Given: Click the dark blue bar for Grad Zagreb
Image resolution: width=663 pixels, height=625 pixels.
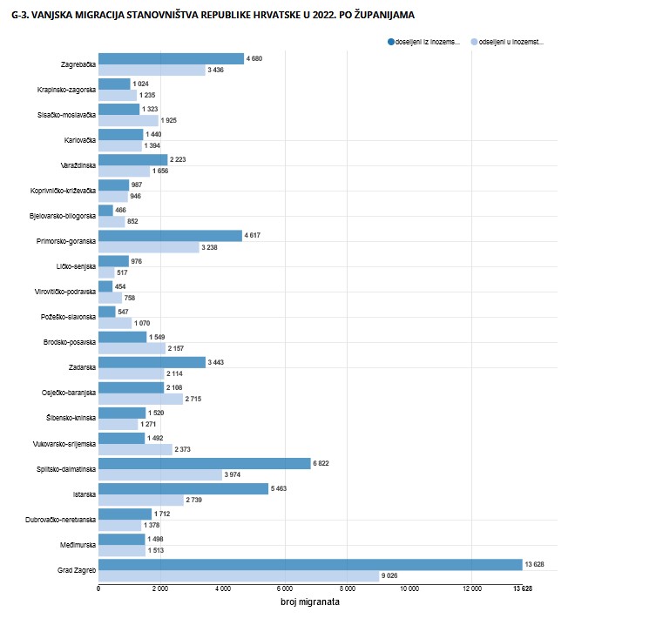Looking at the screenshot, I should pos(309,564).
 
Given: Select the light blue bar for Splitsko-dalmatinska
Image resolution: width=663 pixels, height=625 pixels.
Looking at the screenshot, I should pos(160,475).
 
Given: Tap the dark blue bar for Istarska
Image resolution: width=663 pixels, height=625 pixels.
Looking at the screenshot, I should pos(183,488).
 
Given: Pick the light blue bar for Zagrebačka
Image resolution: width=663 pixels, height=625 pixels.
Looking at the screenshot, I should pos(152,70).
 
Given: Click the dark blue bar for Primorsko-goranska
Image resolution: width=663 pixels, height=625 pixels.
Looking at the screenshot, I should pos(170,236).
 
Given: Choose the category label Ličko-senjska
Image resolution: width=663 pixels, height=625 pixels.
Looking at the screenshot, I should pos(73,266).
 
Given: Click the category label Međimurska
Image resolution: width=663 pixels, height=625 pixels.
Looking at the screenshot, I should pos(76,545).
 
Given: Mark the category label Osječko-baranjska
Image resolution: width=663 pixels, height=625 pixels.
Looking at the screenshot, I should pos(68,393).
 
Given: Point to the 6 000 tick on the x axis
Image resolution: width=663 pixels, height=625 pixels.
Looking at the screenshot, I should pos(284,589).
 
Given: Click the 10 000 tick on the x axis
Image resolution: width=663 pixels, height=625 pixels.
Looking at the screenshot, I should pos(409,589).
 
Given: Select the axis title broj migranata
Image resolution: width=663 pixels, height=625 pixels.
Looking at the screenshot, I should pos(310,602).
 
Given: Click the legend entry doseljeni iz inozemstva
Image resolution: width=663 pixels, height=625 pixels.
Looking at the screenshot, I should pos(427,42).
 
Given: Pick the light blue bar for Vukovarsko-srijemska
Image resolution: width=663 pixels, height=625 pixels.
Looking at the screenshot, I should pos(135,450).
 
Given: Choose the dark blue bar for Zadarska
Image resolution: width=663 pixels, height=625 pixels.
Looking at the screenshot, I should pos(152,362).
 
